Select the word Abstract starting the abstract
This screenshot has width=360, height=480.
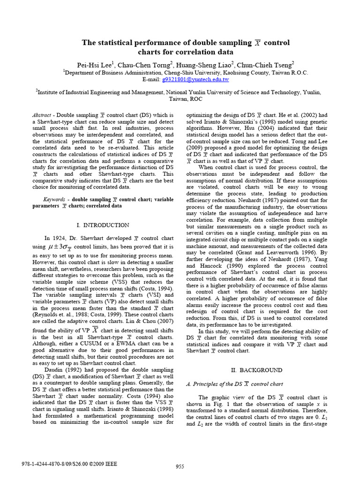point(41,115)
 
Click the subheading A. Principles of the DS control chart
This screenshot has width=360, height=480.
point(234,383)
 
